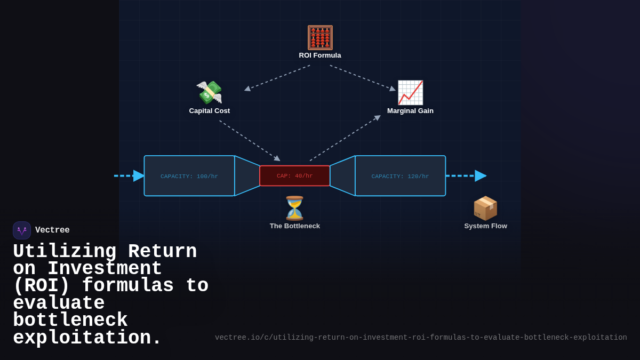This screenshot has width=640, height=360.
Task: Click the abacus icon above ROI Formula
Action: (320, 37)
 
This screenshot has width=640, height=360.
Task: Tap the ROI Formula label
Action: (320, 55)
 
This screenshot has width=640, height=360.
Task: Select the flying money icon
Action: (210, 93)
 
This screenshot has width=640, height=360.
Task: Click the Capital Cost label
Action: (210, 111)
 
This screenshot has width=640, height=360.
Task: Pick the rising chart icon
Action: (410, 93)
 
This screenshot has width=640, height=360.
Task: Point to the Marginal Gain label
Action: (410, 111)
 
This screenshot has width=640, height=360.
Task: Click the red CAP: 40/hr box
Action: (295, 176)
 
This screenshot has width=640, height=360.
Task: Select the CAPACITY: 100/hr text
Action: (189, 177)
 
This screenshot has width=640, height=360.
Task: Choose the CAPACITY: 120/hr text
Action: (400, 177)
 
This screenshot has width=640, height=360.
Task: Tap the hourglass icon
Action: (294, 208)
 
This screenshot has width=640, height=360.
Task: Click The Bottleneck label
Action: (295, 226)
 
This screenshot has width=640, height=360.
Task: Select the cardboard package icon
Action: (485, 208)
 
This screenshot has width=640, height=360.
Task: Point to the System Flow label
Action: (485, 226)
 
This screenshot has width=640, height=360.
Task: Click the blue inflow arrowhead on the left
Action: (139, 176)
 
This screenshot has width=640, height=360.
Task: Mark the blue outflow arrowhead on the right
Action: (480, 176)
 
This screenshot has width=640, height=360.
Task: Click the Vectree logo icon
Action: (22, 230)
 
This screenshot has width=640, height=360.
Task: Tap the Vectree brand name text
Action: (52, 230)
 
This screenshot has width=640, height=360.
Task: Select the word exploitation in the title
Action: (87, 338)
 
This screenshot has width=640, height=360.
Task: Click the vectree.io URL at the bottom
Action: (421, 338)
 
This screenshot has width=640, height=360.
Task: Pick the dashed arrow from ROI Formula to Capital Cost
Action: (277, 77)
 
